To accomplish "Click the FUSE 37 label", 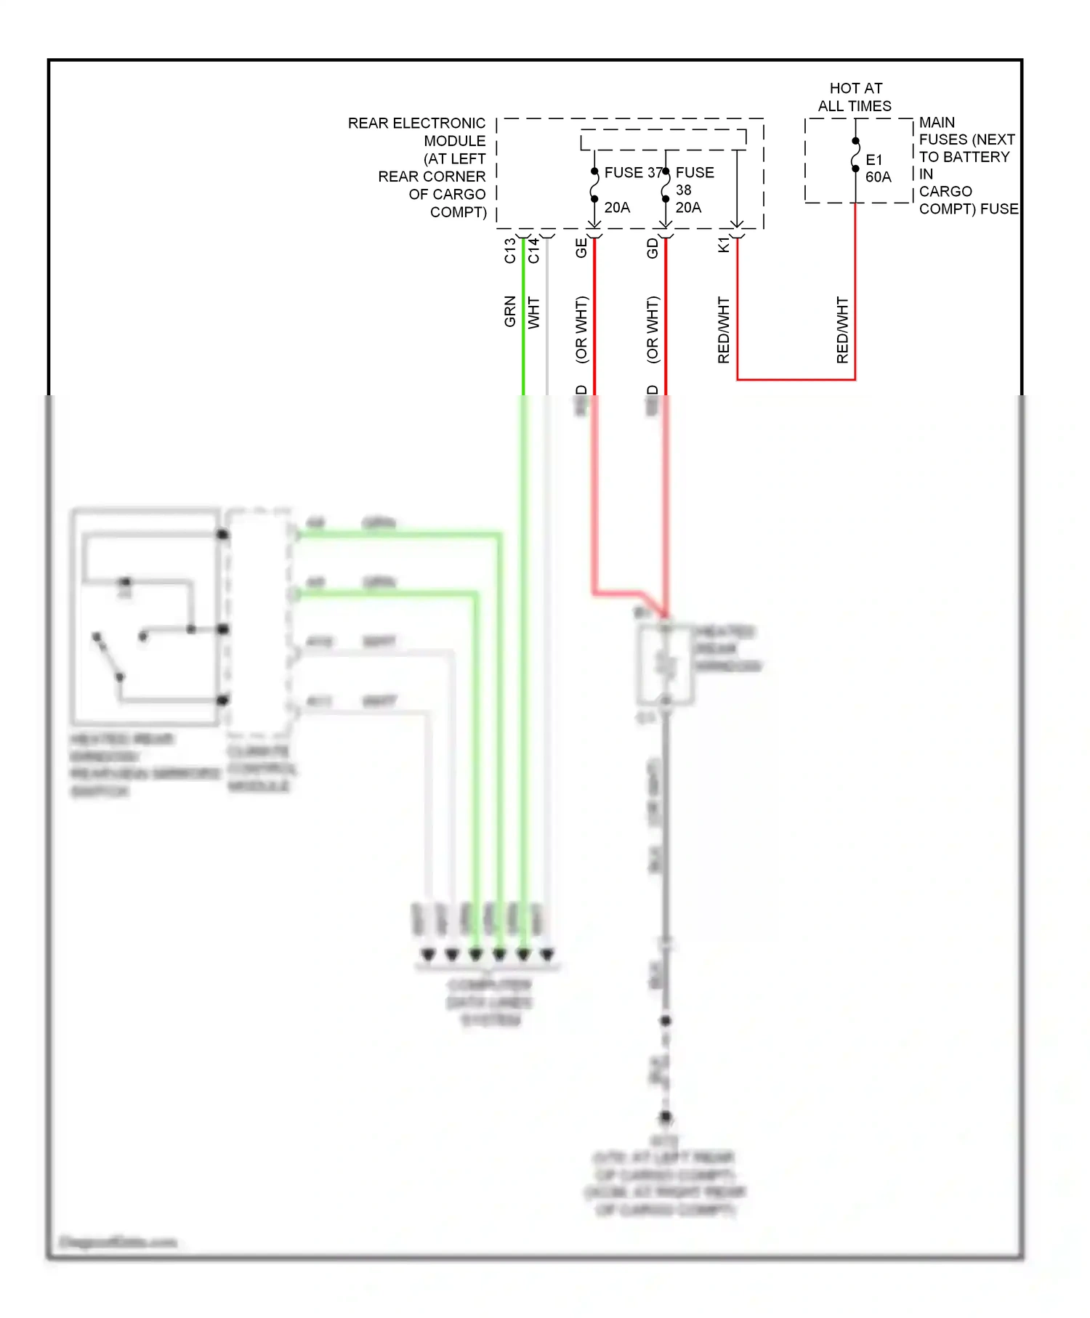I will (633, 173).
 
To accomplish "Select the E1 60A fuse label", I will (878, 169).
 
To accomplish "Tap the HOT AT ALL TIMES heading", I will (855, 97).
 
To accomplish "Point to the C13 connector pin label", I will (510, 251).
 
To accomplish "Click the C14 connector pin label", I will (534, 251).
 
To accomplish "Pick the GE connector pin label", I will (581, 248).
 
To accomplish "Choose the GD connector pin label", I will (653, 248).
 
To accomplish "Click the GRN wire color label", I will (510, 312).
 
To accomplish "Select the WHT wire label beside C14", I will (534, 312).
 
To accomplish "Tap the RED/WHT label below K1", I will (724, 330).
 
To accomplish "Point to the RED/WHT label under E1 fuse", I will (843, 330).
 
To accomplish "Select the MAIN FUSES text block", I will (968, 166).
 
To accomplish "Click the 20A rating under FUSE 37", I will (617, 208).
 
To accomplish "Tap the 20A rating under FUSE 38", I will (688, 208).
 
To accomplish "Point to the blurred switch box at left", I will (145, 617).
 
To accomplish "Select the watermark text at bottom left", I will (118, 1242).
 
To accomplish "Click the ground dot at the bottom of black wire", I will (666, 1117).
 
